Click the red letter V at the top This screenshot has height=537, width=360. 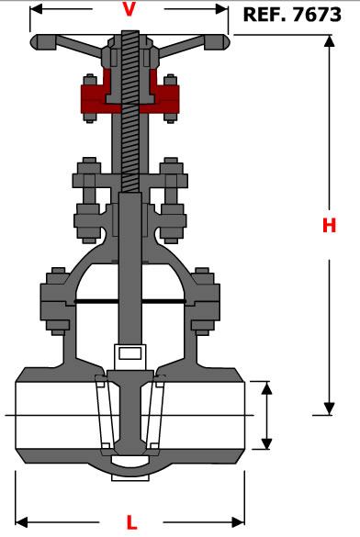(x=129, y=9)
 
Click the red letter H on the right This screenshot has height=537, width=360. (x=329, y=225)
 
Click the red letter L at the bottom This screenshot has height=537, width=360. (x=131, y=522)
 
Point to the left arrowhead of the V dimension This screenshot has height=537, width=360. (x=36, y=9)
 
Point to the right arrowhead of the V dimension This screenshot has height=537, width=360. (x=221, y=9)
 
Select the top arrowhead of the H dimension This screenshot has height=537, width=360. (x=329, y=40)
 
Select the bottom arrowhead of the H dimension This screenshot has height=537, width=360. (x=329, y=408)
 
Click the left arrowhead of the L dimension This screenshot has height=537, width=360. (x=21, y=522)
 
